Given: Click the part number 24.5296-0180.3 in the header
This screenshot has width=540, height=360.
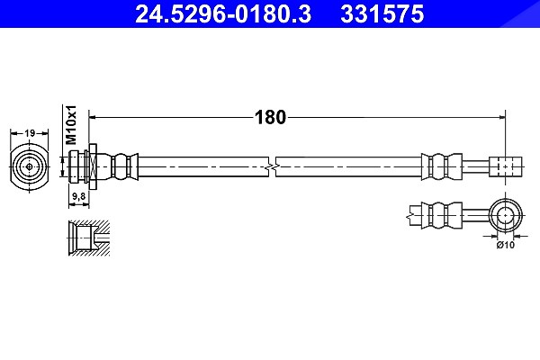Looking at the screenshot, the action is (223, 14).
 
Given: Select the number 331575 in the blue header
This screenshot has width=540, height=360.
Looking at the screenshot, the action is (382, 14).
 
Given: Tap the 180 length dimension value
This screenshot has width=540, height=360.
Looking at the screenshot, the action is (270, 118).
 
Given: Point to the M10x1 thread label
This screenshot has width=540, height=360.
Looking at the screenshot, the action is (71, 125).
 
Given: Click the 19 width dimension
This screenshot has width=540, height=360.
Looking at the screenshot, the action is (30, 132).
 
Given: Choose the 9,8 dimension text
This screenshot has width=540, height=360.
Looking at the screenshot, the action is (78, 196).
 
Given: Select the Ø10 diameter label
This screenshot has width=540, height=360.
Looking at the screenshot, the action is (505, 245).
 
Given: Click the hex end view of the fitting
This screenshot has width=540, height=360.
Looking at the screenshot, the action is (30, 167).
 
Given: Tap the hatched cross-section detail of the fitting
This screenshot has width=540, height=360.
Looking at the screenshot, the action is (89, 238).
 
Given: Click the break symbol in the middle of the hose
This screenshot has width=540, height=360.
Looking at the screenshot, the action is (272, 167).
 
